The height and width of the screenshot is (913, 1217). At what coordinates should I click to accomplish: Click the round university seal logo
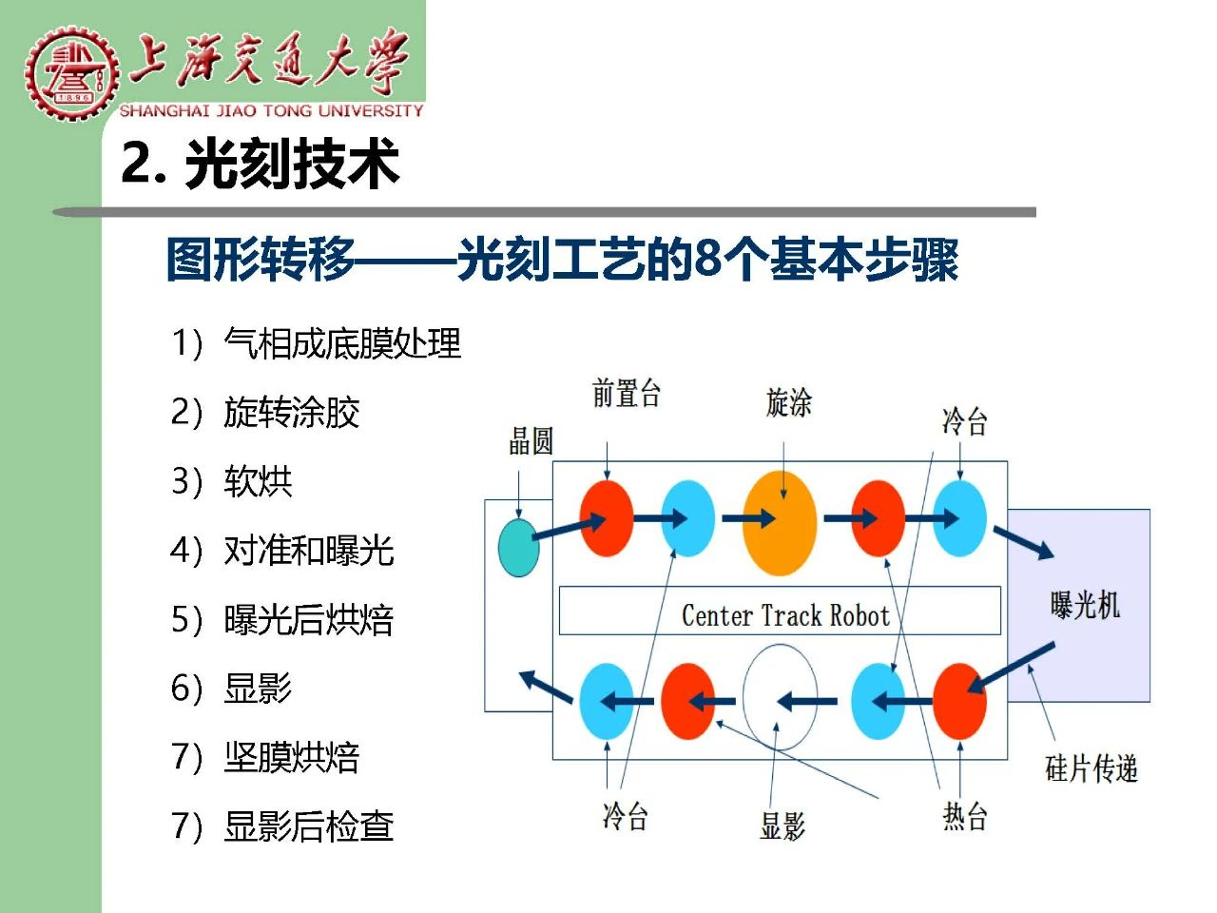point(72,72)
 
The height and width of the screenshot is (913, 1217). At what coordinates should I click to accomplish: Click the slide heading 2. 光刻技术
point(260,164)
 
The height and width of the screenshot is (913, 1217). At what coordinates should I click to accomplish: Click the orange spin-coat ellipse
point(780,523)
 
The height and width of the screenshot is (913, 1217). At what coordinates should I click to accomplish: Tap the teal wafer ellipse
point(519,548)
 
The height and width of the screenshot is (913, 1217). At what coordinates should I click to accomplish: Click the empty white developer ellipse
point(780,697)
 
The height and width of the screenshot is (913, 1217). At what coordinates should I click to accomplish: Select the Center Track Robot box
point(780,611)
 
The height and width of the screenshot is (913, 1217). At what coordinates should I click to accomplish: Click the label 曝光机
point(1085,604)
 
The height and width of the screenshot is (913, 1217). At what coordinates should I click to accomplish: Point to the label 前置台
point(626,393)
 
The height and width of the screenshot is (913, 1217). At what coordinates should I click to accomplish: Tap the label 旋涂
point(788,402)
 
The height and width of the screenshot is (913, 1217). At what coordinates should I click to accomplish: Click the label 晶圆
point(531,441)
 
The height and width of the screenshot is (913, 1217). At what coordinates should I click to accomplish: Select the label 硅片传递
point(1091,768)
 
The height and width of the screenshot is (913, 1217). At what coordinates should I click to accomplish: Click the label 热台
point(965,817)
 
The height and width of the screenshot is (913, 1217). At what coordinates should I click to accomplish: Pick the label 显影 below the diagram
point(782,826)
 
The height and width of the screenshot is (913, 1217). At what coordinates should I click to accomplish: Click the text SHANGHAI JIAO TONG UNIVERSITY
point(272,111)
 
